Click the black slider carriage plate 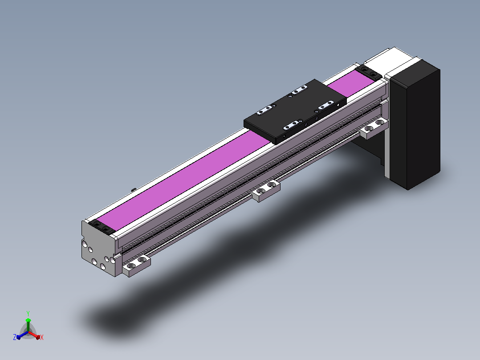pos(295,112)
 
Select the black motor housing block pos(415,124)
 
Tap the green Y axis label pos(28,313)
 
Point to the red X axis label pos(42,337)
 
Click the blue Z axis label pos(15,337)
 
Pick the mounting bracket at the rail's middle pos(266,191)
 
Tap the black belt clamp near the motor pos(369,72)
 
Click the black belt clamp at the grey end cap pos(102,227)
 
